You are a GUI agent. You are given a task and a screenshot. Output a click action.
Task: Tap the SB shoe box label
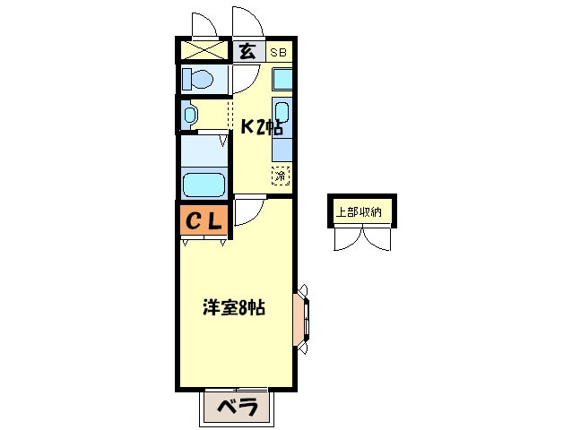279,52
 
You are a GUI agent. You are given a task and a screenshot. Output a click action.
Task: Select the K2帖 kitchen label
261,127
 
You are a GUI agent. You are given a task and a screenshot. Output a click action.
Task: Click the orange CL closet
204,219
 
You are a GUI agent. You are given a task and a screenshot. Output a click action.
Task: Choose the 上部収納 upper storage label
360,212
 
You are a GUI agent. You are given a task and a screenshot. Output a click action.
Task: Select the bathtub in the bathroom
204,185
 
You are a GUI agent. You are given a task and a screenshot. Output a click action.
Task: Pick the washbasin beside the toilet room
190,115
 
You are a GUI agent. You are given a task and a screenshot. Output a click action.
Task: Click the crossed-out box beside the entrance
204,51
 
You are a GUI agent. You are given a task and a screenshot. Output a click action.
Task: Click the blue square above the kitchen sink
282,79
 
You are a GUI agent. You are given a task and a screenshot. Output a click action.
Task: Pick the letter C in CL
193,219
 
